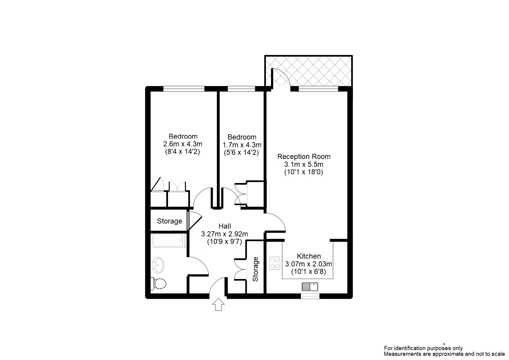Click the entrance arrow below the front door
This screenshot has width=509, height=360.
tap(218, 304)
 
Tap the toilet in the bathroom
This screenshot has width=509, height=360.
tap(158, 283)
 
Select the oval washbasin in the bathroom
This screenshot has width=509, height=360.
tap(158, 265)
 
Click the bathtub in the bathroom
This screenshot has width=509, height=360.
tap(168, 240)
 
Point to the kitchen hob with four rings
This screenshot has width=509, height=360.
tap(275, 263)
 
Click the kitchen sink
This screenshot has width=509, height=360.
tap(310, 287)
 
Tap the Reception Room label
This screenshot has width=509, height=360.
tap(304, 157)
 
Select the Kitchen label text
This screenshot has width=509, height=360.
tap(309, 256)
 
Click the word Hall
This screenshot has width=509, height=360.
tap(225, 226)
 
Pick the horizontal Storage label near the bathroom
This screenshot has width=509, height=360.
tap(170, 221)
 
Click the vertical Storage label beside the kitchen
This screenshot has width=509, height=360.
tap(255, 269)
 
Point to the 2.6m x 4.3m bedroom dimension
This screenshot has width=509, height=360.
tap(183, 144)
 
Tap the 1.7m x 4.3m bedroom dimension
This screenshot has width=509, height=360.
tap(242, 145)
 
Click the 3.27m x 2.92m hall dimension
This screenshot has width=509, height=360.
tap(224, 234)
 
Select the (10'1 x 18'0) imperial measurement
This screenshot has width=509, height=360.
tap(304, 172)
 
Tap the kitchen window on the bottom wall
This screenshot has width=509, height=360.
tap(310, 296)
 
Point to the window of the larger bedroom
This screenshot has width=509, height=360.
tap(184, 89)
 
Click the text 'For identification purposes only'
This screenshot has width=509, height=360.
tap(423, 348)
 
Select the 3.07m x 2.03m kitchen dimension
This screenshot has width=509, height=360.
tap(309, 264)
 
